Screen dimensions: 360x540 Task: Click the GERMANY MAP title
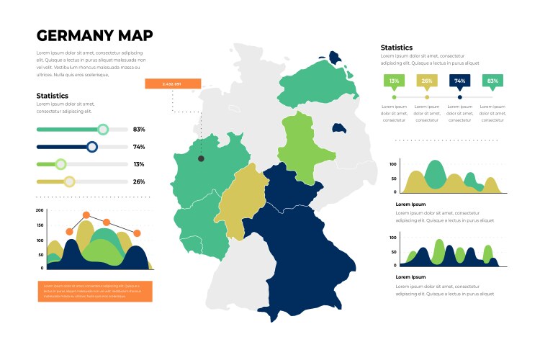94,36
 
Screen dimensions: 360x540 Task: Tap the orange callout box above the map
172,84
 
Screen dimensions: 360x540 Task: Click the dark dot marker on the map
201,158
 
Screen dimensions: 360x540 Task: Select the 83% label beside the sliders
139,130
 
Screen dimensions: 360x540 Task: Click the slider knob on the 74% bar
91,147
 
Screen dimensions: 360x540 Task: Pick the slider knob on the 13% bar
60,164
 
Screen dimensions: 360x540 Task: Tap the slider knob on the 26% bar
69,181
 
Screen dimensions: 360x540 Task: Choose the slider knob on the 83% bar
103,130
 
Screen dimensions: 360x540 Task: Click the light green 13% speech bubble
394,81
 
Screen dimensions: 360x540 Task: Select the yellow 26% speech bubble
427,81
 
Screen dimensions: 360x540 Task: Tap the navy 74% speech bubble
459,81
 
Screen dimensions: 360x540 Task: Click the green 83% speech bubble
492,81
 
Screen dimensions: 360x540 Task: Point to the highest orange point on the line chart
86,215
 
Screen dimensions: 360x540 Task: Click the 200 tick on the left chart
40,211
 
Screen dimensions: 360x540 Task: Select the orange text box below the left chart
95,291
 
